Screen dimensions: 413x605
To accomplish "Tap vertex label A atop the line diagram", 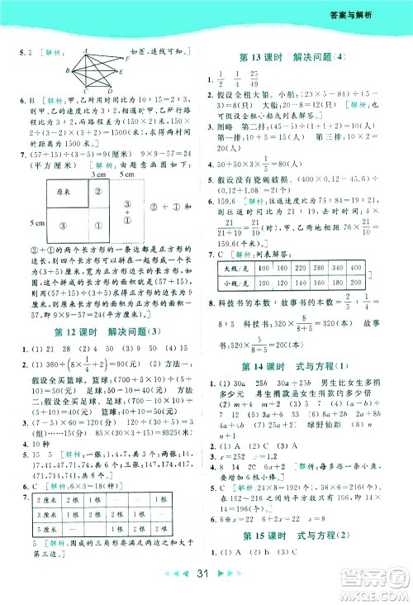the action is coord(84,50).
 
